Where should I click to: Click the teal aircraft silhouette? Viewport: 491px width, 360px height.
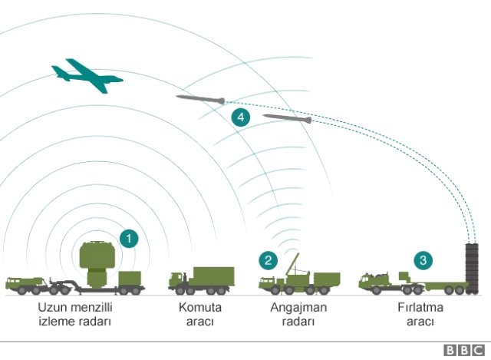[x=87, y=76]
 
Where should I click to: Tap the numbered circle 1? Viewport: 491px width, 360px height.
[x=129, y=239]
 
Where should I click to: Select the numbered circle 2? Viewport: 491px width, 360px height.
[x=268, y=261]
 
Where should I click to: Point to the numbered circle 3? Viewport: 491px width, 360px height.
[x=423, y=260]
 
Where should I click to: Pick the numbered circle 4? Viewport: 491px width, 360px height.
[x=240, y=117]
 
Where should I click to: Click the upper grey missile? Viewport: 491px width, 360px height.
[x=200, y=99]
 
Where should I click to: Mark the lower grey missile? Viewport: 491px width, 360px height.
[x=287, y=118]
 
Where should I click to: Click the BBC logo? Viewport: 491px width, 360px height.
[x=464, y=350]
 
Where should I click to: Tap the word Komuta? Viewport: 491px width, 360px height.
[x=199, y=307]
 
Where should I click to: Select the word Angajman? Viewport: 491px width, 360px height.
[x=298, y=308]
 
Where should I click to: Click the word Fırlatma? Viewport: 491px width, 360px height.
[x=420, y=307]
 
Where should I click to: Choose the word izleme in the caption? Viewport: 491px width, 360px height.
[x=55, y=322]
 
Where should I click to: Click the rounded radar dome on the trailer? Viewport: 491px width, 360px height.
[x=97, y=256]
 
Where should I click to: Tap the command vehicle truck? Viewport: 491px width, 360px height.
[x=201, y=280]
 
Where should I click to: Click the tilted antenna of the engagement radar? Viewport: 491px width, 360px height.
[x=292, y=265]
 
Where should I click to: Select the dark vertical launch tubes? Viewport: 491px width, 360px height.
[x=473, y=269]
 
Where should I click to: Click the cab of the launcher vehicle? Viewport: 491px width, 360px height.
[x=368, y=281]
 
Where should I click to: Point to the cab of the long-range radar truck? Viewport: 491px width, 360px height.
[x=14, y=282]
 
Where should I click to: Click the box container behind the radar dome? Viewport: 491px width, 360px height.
[x=130, y=278]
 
